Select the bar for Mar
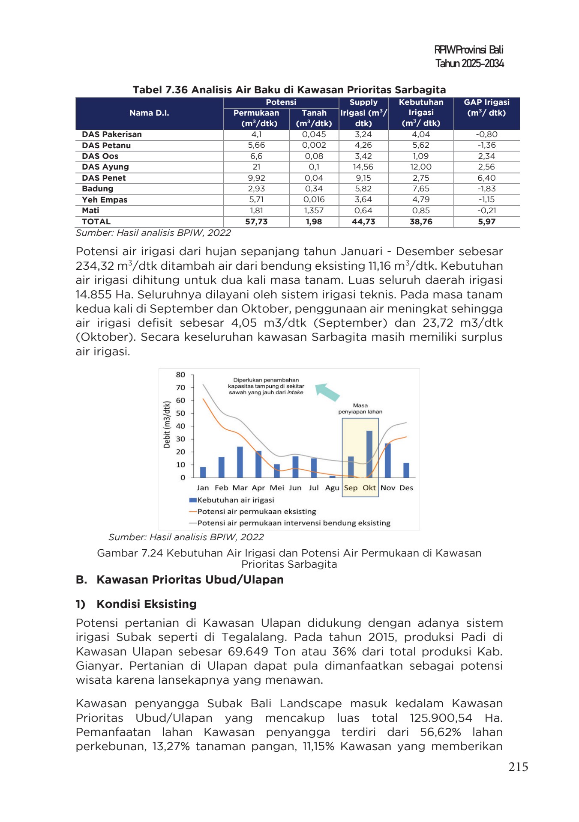[240, 462]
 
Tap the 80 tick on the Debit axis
[181, 375]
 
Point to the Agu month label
[332, 488]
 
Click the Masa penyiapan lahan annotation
[360, 408]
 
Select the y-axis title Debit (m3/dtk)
[167, 424]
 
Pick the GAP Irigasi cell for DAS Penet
[486, 178]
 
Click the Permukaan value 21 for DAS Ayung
[256, 167]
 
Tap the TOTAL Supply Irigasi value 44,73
[363, 222]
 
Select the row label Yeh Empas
[105, 200]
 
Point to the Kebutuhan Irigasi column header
[421, 113]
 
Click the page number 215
[518, 767]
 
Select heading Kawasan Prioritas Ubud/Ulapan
[190, 580]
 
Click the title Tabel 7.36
[289, 90]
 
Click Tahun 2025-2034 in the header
[469, 64]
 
